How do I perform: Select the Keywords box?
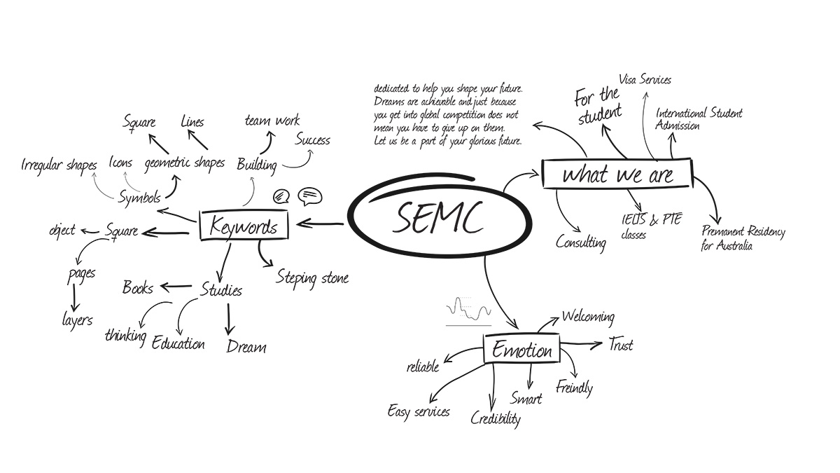click(244, 225)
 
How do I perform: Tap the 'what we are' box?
click(617, 174)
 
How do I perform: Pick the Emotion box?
click(521, 349)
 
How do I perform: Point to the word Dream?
click(246, 346)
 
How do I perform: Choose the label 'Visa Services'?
click(645, 80)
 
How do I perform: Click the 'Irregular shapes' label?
click(59, 165)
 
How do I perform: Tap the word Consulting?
click(580, 243)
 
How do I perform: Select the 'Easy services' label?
click(419, 411)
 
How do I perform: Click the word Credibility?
click(496, 418)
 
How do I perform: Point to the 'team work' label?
click(272, 121)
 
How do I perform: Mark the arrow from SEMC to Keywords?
click(320, 224)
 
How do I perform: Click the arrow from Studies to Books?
click(176, 287)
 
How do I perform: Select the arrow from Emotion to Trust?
click(581, 344)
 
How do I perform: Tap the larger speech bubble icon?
click(310, 196)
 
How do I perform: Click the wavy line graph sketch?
click(468, 312)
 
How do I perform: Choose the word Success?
click(312, 140)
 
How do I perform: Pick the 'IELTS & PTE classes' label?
click(651, 226)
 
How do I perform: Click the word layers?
click(77, 320)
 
